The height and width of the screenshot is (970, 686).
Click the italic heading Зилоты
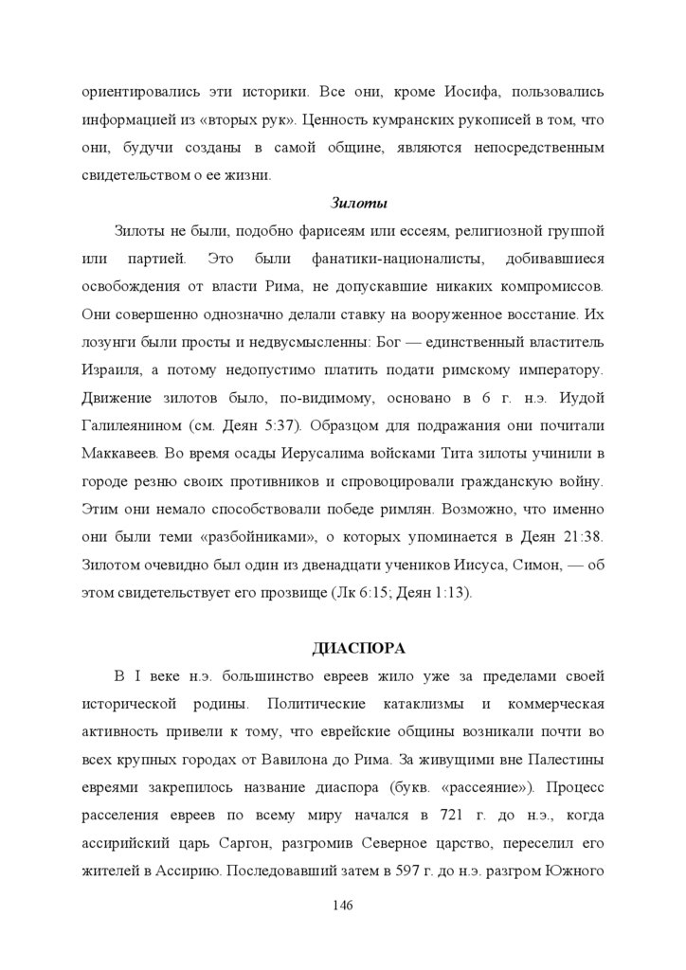coord(359,203)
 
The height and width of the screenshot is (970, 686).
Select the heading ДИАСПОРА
coord(359,648)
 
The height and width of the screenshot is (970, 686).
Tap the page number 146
coord(343,907)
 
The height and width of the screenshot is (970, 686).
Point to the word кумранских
coord(418,120)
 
